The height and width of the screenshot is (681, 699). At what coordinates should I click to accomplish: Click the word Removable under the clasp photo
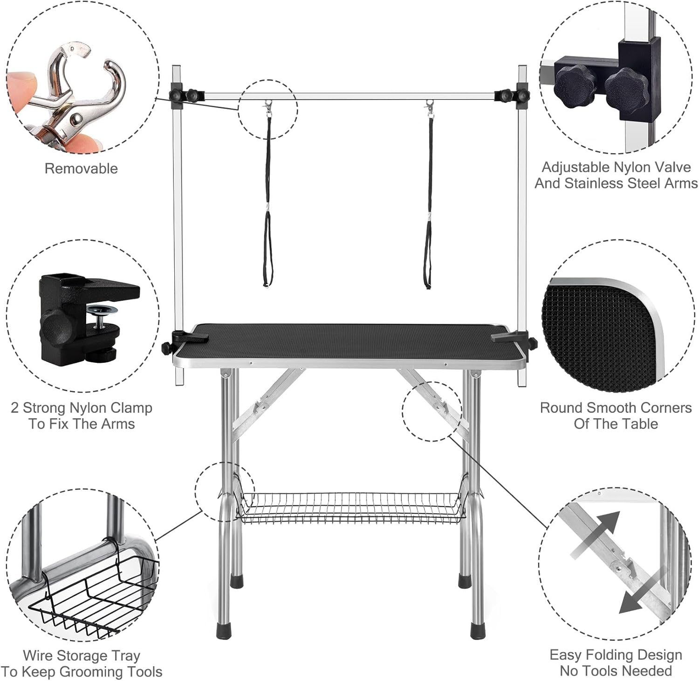coord(81,168)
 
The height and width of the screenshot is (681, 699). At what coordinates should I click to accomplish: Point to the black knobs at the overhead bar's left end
coord(184,95)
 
